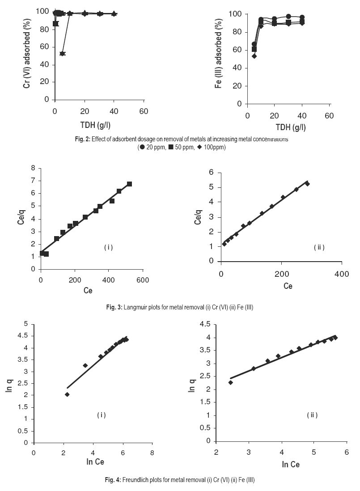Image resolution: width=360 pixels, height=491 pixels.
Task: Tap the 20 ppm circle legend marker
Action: [x=142, y=148]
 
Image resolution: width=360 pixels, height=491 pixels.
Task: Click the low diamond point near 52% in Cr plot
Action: [x=62, y=54]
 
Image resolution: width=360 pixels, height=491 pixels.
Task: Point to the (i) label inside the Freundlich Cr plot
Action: [x=102, y=415]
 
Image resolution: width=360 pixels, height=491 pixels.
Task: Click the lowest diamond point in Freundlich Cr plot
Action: [x=67, y=394]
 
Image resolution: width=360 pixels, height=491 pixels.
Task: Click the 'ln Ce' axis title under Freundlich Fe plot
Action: [x=290, y=465]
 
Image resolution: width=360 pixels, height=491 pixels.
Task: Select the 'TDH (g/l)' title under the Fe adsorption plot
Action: [x=288, y=127]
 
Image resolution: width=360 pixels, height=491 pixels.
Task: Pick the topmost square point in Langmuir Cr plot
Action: [x=129, y=184]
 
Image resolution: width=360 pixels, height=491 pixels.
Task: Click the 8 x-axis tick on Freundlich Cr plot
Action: [x=152, y=453]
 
